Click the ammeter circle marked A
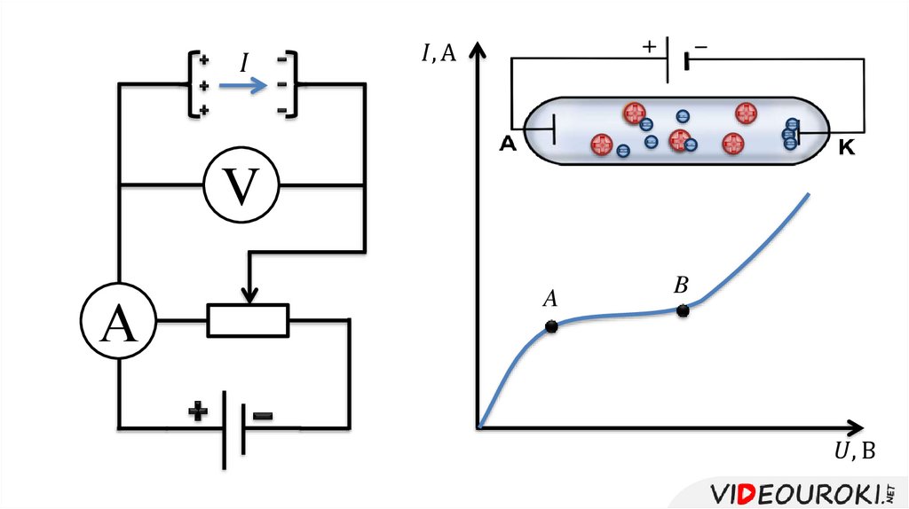(118, 320)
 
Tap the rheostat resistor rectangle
(248, 320)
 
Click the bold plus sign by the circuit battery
(198, 411)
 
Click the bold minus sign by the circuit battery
(263, 415)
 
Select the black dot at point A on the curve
(551, 326)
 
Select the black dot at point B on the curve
(683, 310)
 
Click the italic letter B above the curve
(681, 285)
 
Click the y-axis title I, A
(439, 53)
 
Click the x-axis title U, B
(854, 452)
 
